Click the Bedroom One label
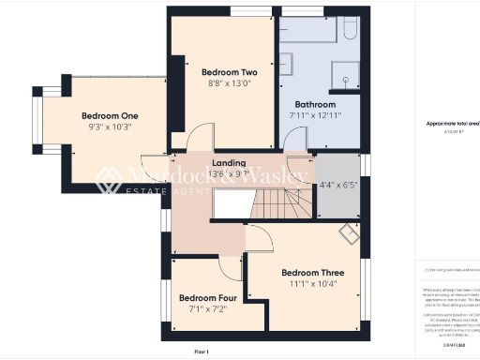(103, 115)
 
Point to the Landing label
(230, 162)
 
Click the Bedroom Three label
(313, 273)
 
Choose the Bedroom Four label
(204, 298)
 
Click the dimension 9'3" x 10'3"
(111, 127)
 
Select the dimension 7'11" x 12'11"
(314, 115)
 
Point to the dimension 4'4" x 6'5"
(338, 185)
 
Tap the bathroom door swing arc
(294, 141)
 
